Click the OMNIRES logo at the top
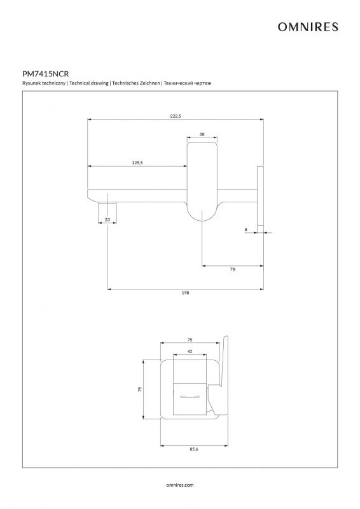pos(308,27)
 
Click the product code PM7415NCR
pos(45,74)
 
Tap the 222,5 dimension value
pos(176,116)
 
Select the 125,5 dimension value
pos(137,163)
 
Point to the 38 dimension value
pos(202,134)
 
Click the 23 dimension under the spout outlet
pos(107,220)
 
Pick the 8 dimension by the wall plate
pos(246,229)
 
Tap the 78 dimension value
pos(233,269)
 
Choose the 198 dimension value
pos(185,293)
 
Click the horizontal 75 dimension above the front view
pos(190,340)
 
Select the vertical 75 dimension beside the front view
pos(140,389)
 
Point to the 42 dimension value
pos(190,351)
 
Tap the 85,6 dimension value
pos(194,449)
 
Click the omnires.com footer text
pos(180,485)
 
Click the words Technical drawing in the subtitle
pos(89,83)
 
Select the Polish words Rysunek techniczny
pos(44,83)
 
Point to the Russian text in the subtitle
pos(188,83)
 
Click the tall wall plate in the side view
pos(260,196)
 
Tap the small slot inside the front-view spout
pos(190,396)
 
